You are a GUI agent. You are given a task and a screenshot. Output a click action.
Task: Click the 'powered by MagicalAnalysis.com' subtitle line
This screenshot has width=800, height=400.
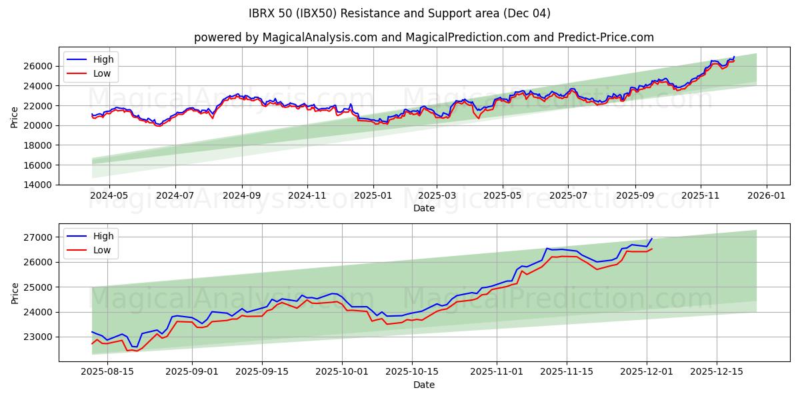(x=424, y=37)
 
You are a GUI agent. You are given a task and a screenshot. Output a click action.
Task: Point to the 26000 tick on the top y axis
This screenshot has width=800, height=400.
(x=39, y=66)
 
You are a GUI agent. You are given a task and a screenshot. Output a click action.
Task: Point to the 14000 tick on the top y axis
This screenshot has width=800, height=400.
(x=39, y=185)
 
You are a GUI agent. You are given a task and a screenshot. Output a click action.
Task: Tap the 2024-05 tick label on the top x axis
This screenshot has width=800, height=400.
(x=109, y=196)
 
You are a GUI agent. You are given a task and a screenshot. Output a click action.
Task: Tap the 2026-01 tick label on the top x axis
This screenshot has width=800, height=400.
(x=766, y=196)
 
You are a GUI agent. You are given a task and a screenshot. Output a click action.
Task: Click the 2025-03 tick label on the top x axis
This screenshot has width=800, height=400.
(x=437, y=196)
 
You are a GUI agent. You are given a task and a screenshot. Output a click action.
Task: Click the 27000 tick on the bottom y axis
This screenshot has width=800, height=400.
(x=39, y=237)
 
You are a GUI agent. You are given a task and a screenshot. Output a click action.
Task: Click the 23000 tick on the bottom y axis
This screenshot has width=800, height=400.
(x=39, y=337)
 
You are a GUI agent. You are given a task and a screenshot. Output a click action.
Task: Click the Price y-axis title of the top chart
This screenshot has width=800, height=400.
(x=15, y=117)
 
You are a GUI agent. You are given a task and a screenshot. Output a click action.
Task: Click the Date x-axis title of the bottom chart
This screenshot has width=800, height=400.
(x=424, y=385)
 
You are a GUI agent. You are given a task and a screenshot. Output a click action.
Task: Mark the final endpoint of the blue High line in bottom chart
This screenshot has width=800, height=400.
(x=652, y=239)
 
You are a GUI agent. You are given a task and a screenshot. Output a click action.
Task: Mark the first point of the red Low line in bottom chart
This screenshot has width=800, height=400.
(x=92, y=344)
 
